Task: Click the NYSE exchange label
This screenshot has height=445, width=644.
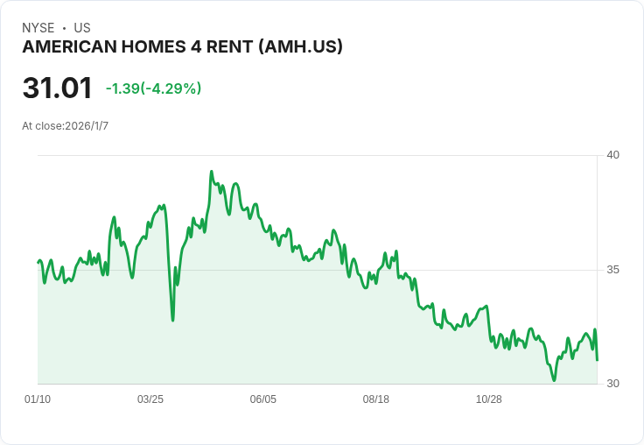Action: coord(38,28)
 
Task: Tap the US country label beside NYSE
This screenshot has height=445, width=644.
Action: coord(82,28)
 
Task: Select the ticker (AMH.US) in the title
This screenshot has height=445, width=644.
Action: coord(301,47)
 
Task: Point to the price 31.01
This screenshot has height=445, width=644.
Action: coord(57,88)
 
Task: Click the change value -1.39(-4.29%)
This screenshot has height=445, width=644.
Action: coord(154,88)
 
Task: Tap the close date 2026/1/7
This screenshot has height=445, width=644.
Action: coord(87,126)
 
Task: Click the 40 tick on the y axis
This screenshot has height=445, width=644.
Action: coord(612,155)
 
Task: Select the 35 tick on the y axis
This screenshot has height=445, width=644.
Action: coord(612,270)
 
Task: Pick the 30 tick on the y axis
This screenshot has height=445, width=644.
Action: coord(612,384)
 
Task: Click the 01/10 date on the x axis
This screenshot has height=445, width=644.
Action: coord(38,399)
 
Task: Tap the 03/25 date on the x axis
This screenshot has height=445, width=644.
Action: coord(150,399)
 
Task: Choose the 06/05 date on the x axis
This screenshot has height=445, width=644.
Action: coord(263,399)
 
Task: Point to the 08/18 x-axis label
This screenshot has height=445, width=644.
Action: coord(375,399)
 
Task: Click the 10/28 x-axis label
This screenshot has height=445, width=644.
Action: coord(489,399)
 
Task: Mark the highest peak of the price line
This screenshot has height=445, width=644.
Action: coord(212,172)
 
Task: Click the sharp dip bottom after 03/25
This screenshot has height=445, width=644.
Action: coord(173,320)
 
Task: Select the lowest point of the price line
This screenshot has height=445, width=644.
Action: coord(554,380)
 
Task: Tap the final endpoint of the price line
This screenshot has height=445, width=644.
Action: coord(597,360)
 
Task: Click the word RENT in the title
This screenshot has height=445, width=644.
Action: coord(229,47)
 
